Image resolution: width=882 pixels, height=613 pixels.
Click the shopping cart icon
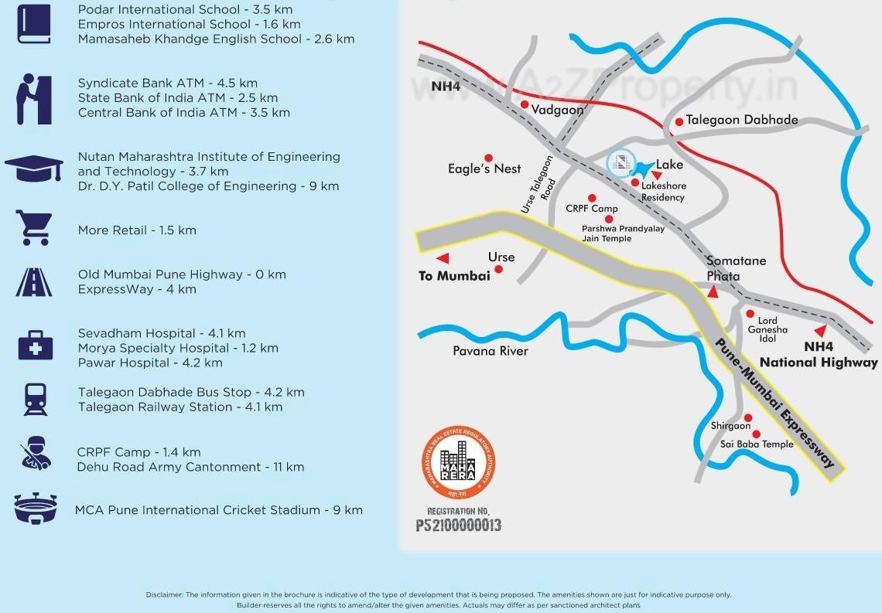(x=34, y=229)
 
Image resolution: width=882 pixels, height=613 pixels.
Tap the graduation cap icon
(x=34, y=169)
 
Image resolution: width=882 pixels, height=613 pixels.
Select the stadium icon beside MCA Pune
(x=34, y=509)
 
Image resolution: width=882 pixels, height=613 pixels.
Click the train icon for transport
(x=35, y=399)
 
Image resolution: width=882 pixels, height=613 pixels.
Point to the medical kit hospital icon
(x=35, y=345)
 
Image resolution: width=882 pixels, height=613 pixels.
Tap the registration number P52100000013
(x=459, y=526)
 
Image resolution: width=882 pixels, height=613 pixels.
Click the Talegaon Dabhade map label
(x=741, y=120)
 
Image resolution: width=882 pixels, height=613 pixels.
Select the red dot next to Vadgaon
(x=525, y=104)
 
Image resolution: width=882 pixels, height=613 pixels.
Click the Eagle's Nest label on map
(x=484, y=169)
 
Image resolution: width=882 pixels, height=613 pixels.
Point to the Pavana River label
(x=491, y=351)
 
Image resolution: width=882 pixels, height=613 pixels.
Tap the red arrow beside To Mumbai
(x=443, y=258)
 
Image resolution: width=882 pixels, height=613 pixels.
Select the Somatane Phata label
(x=736, y=268)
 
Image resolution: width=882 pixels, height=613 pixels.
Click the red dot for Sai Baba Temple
(x=756, y=434)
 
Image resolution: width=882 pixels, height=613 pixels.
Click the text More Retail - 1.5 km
(x=137, y=230)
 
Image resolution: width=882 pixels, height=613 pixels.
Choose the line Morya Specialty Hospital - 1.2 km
(x=178, y=348)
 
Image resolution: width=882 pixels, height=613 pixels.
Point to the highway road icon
(x=34, y=282)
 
